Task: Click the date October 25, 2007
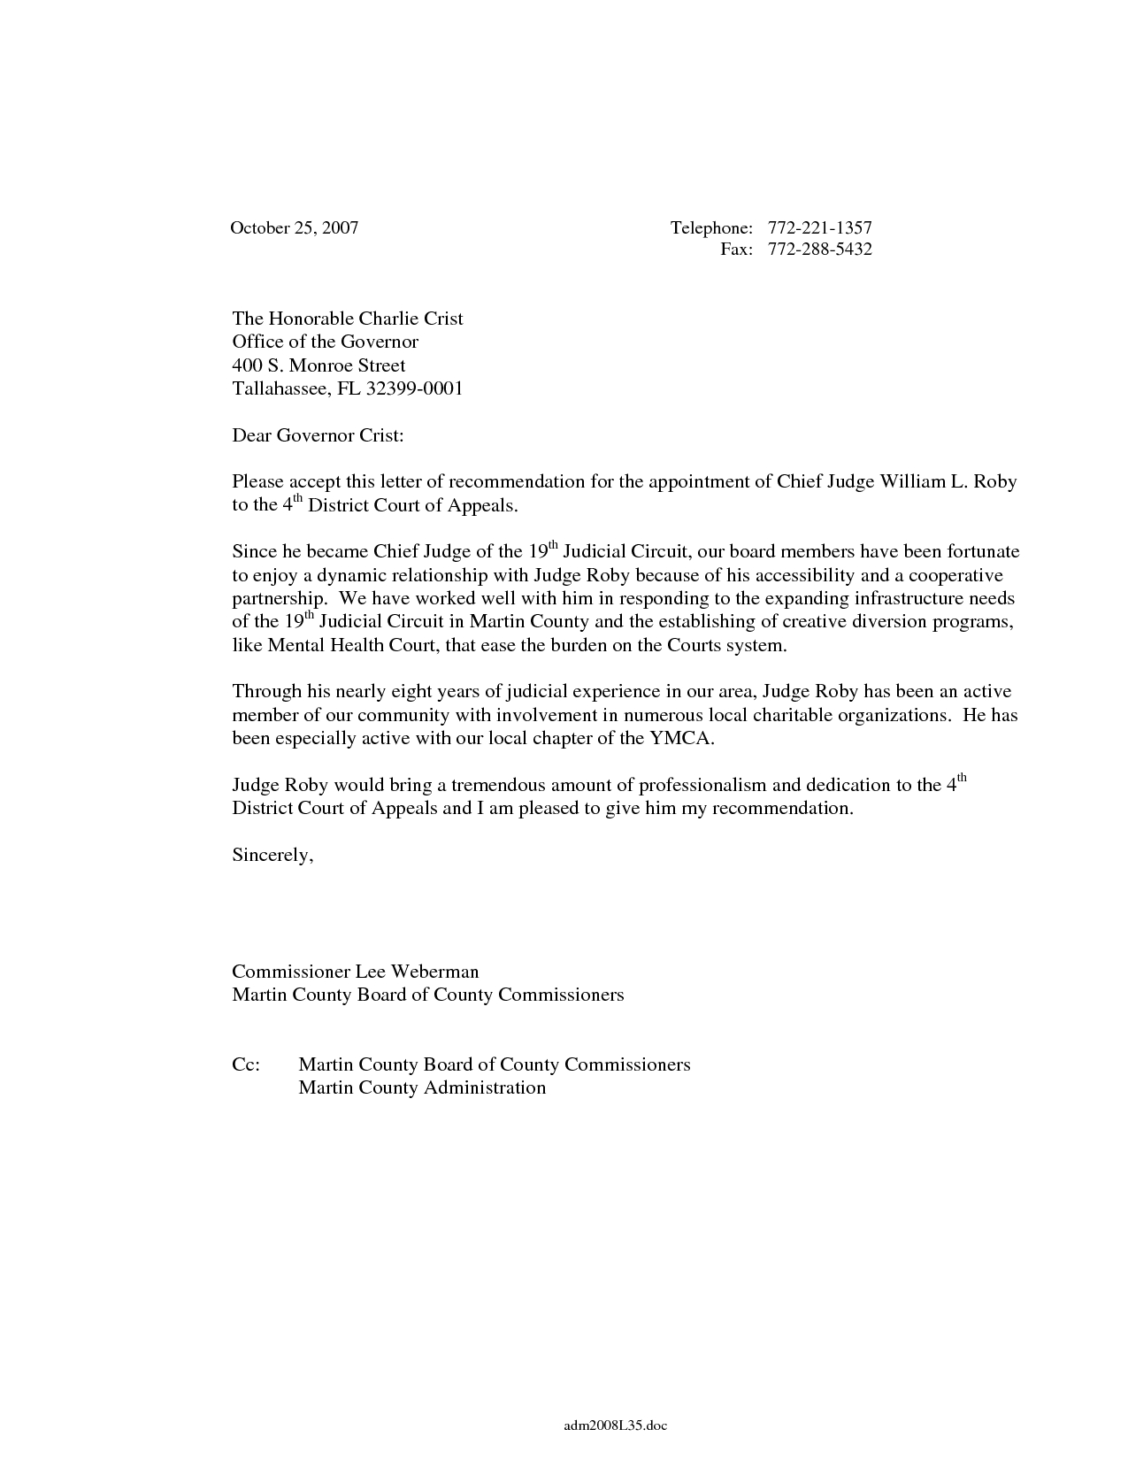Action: (x=294, y=228)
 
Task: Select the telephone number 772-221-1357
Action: (x=819, y=228)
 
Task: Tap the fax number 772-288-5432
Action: (x=819, y=250)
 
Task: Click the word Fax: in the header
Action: (x=736, y=250)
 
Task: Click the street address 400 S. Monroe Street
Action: (x=318, y=365)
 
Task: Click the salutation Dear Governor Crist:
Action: (x=318, y=435)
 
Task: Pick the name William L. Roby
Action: (x=948, y=482)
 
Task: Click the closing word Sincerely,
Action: (x=272, y=856)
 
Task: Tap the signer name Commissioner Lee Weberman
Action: (x=355, y=972)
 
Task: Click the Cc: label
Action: (x=246, y=1064)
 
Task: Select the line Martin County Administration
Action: (x=422, y=1087)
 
